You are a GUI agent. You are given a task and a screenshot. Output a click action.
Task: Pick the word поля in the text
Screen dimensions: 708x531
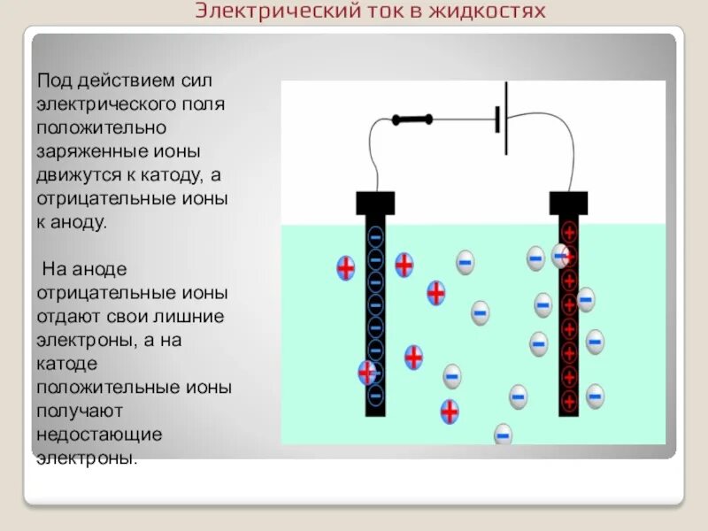click(x=204, y=104)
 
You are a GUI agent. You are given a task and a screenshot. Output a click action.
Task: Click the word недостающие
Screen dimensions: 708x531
click(x=99, y=434)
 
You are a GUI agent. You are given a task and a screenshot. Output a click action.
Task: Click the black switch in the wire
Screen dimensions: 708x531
click(x=412, y=118)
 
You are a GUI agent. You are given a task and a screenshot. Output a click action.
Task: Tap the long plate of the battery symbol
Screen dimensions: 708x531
click(x=506, y=119)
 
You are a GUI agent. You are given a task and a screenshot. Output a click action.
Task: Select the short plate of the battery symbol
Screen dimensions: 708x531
click(x=496, y=119)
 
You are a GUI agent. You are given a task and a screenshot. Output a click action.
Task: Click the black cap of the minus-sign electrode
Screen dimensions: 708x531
click(x=375, y=202)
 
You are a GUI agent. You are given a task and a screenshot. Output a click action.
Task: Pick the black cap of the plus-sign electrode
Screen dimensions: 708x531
click(x=568, y=202)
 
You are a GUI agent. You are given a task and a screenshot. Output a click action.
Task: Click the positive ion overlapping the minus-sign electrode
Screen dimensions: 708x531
click(x=367, y=373)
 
